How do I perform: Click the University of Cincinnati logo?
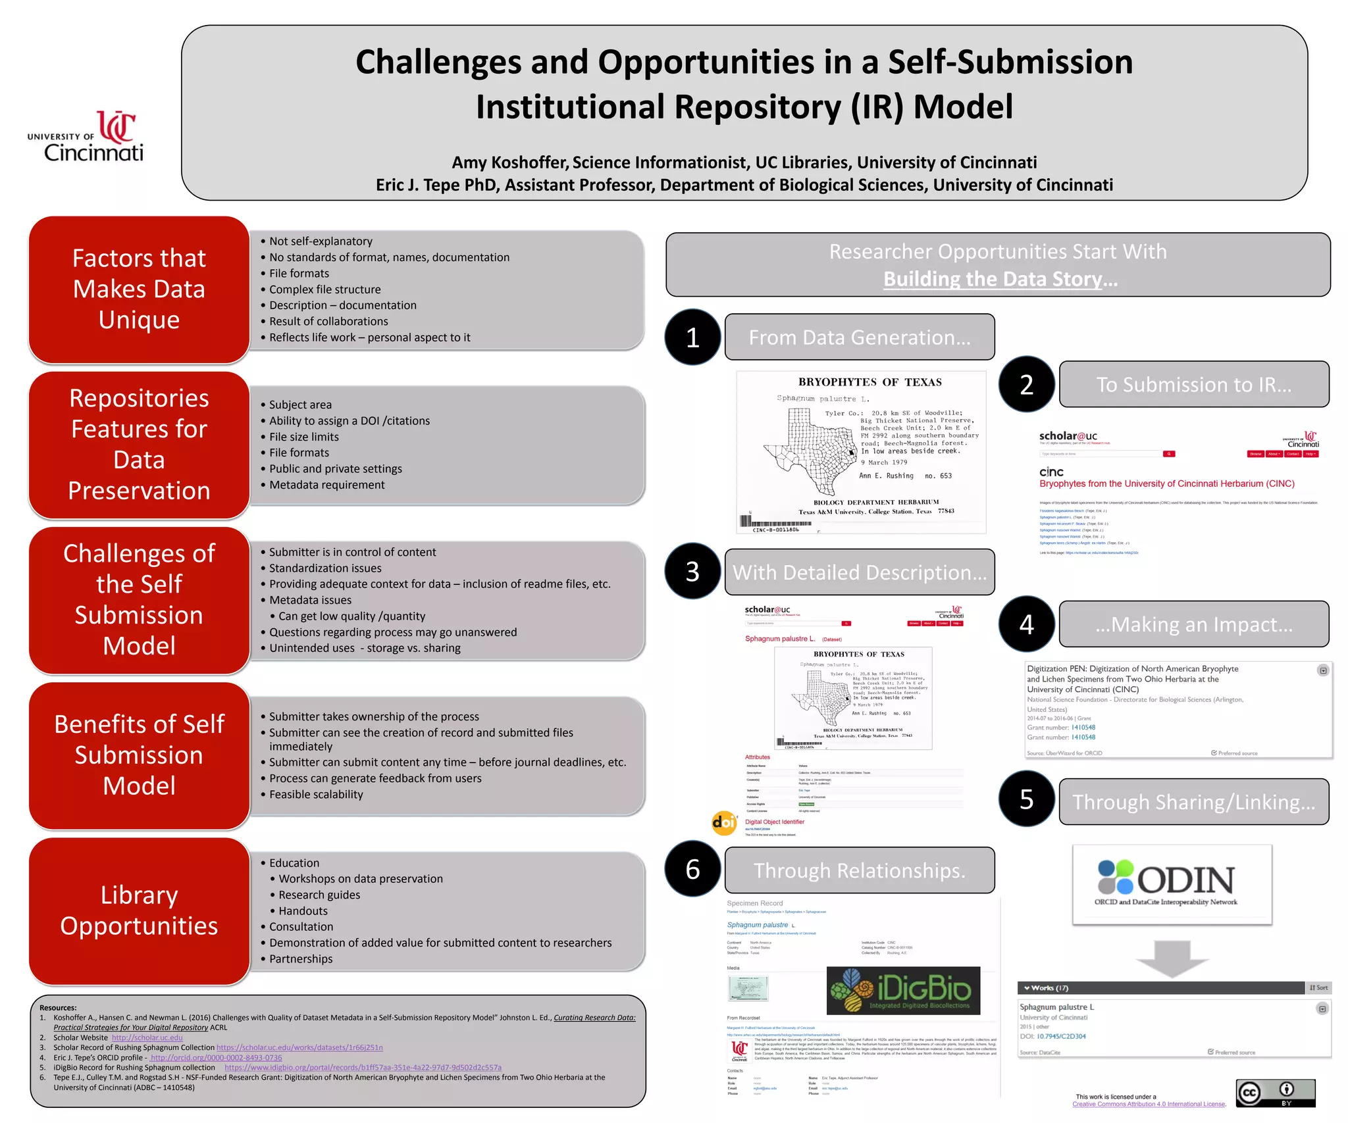point(86,136)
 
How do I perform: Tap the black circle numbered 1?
point(692,337)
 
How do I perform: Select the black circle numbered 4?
point(1026,624)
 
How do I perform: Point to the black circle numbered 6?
point(692,869)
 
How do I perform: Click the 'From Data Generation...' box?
point(860,337)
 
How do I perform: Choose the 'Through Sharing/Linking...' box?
point(1193,802)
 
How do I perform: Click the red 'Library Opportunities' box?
point(139,911)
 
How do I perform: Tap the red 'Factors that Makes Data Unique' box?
point(139,289)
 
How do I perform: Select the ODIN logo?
point(1172,884)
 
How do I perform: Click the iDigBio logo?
point(903,990)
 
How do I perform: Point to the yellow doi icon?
point(724,822)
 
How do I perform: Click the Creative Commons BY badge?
point(1275,1093)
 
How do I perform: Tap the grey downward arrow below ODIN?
point(1172,959)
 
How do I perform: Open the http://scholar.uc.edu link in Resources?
point(147,1037)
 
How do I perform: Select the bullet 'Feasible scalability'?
point(316,795)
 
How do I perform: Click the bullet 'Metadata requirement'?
point(326,485)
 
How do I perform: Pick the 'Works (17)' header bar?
point(1160,987)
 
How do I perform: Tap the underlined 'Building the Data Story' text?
point(992,279)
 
